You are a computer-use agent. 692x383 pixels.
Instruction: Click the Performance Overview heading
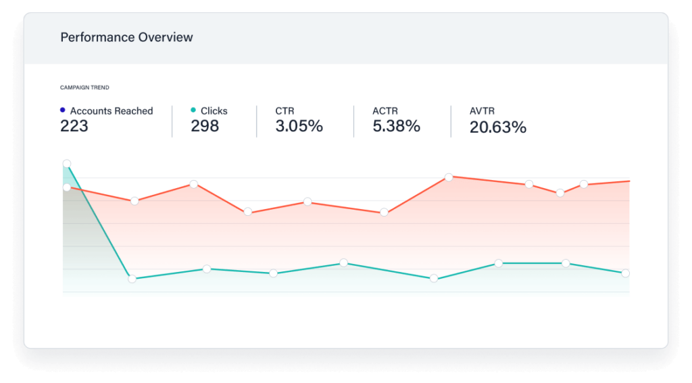click(x=126, y=38)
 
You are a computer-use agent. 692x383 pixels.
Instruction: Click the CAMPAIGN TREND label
click(x=84, y=87)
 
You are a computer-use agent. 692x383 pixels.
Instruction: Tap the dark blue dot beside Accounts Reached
click(x=63, y=110)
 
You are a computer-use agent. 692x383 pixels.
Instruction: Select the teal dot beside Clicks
click(x=193, y=110)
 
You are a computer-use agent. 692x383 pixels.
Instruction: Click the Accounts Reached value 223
click(x=74, y=126)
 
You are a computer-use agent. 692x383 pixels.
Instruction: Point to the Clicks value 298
click(x=205, y=126)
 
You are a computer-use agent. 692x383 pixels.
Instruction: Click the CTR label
click(x=285, y=111)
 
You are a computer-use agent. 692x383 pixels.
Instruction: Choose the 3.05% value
click(x=299, y=126)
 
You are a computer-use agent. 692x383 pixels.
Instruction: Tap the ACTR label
click(x=385, y=111)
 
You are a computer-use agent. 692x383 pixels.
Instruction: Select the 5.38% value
click(x=396, y=126)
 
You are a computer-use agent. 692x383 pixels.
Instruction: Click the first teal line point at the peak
click(x=66, y=164)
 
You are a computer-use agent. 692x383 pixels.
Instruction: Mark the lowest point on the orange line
click(x=384, y=212)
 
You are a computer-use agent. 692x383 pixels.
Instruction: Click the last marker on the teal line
click(x=625, y=273)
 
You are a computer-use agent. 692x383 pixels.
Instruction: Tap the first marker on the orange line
click(x=66, y=187)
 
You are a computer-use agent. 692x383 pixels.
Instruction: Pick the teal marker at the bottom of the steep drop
click(x=132, y=278)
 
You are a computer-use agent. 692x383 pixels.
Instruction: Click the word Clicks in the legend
click(x=214, y=111)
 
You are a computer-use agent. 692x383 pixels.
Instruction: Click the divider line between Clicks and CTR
click(x=257, y=121)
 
